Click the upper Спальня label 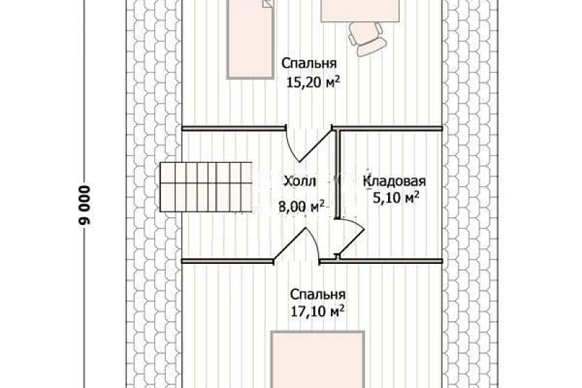point(306,62)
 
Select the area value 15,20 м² point(313,83)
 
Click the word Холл point(299,182)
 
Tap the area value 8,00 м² point(302,207)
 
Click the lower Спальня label point(317,293)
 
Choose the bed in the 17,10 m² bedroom point(318,360)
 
